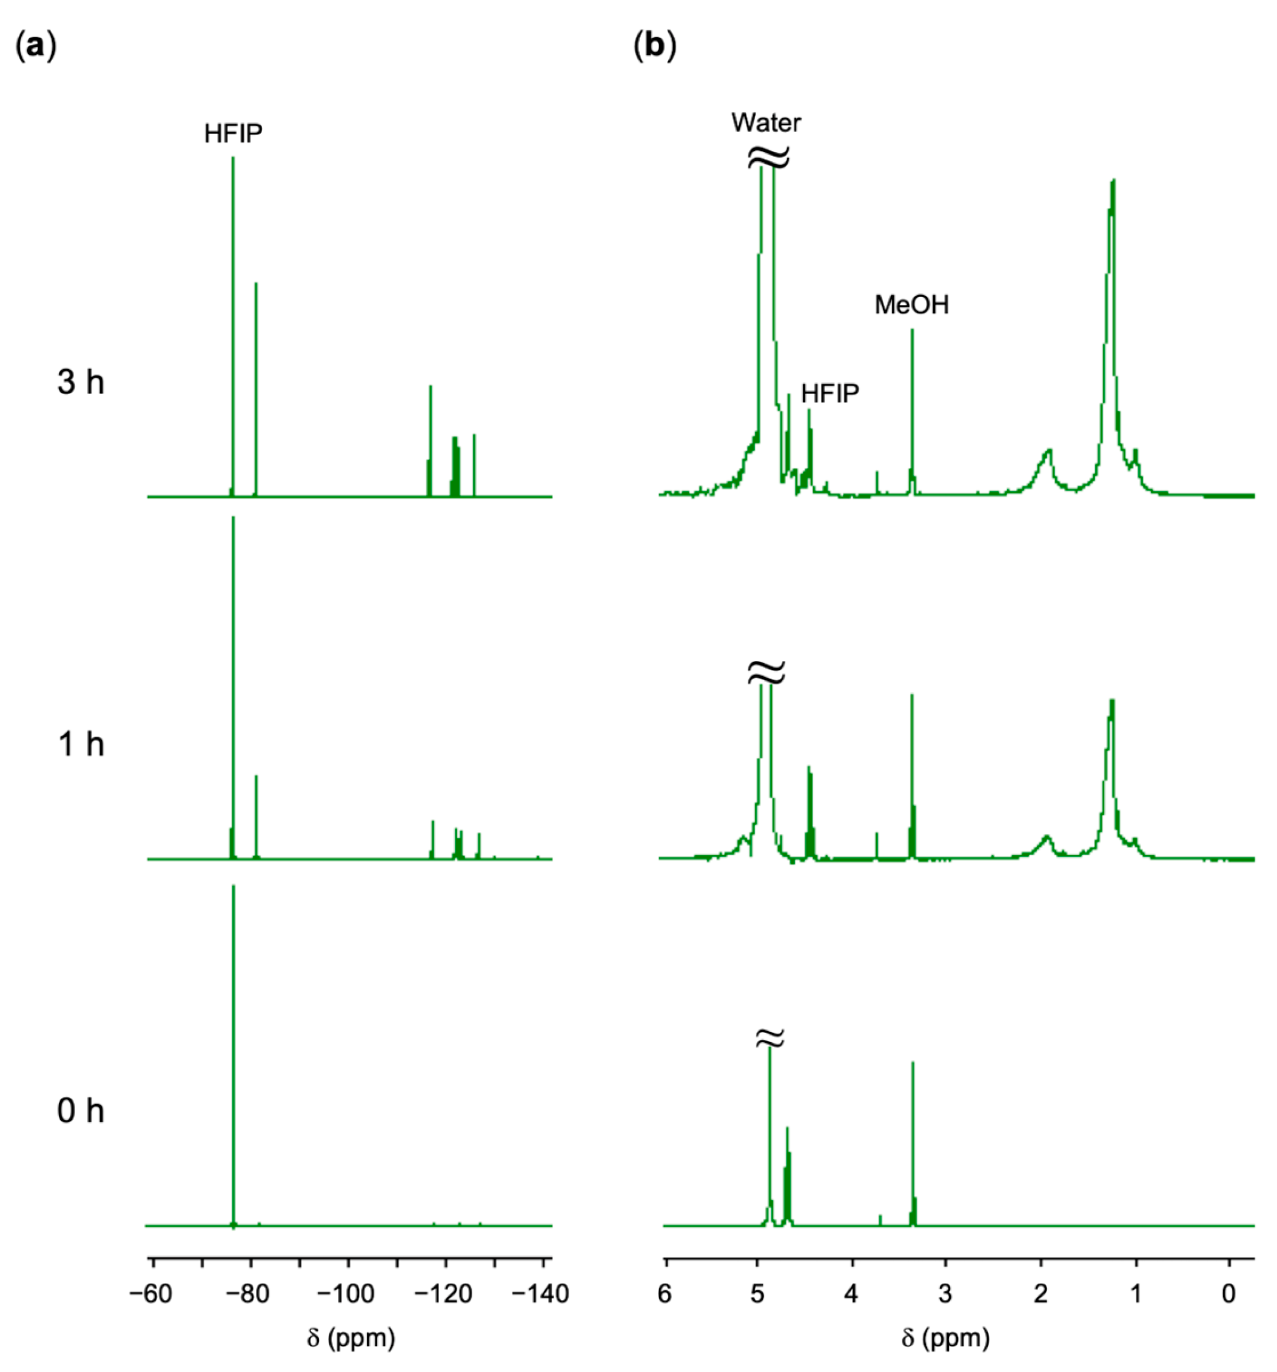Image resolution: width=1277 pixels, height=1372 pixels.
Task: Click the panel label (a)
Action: click(35, 47)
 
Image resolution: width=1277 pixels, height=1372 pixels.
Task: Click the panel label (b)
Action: click(654, 47)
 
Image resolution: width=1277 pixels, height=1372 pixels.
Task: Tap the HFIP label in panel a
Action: click(233, 133)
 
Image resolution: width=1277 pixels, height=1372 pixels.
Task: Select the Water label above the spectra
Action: click(766, 123)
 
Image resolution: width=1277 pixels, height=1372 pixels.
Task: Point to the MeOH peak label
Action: click(911, 304)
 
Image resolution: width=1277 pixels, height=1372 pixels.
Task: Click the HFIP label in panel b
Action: click(830, 393)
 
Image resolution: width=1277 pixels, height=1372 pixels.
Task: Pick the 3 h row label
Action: click(81, 381)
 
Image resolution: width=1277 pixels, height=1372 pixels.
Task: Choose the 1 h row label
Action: click(81, 744)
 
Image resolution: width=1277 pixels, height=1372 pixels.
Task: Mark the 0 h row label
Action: click(81, 1111)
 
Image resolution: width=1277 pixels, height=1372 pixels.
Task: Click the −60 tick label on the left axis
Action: click(150, 1293)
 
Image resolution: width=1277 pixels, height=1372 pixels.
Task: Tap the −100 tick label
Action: click(347, 1293)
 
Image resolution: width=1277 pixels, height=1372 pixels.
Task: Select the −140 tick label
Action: click(541, 1293)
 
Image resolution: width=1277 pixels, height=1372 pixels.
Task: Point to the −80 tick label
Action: click(249, 1293)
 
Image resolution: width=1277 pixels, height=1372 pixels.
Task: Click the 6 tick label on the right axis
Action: click(664, 1293)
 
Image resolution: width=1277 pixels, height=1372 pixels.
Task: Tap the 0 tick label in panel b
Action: click(1228, 1293)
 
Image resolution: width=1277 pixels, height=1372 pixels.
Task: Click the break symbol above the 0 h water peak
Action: click(770, 1037)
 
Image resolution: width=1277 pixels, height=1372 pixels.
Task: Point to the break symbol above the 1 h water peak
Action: click(766, 671)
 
